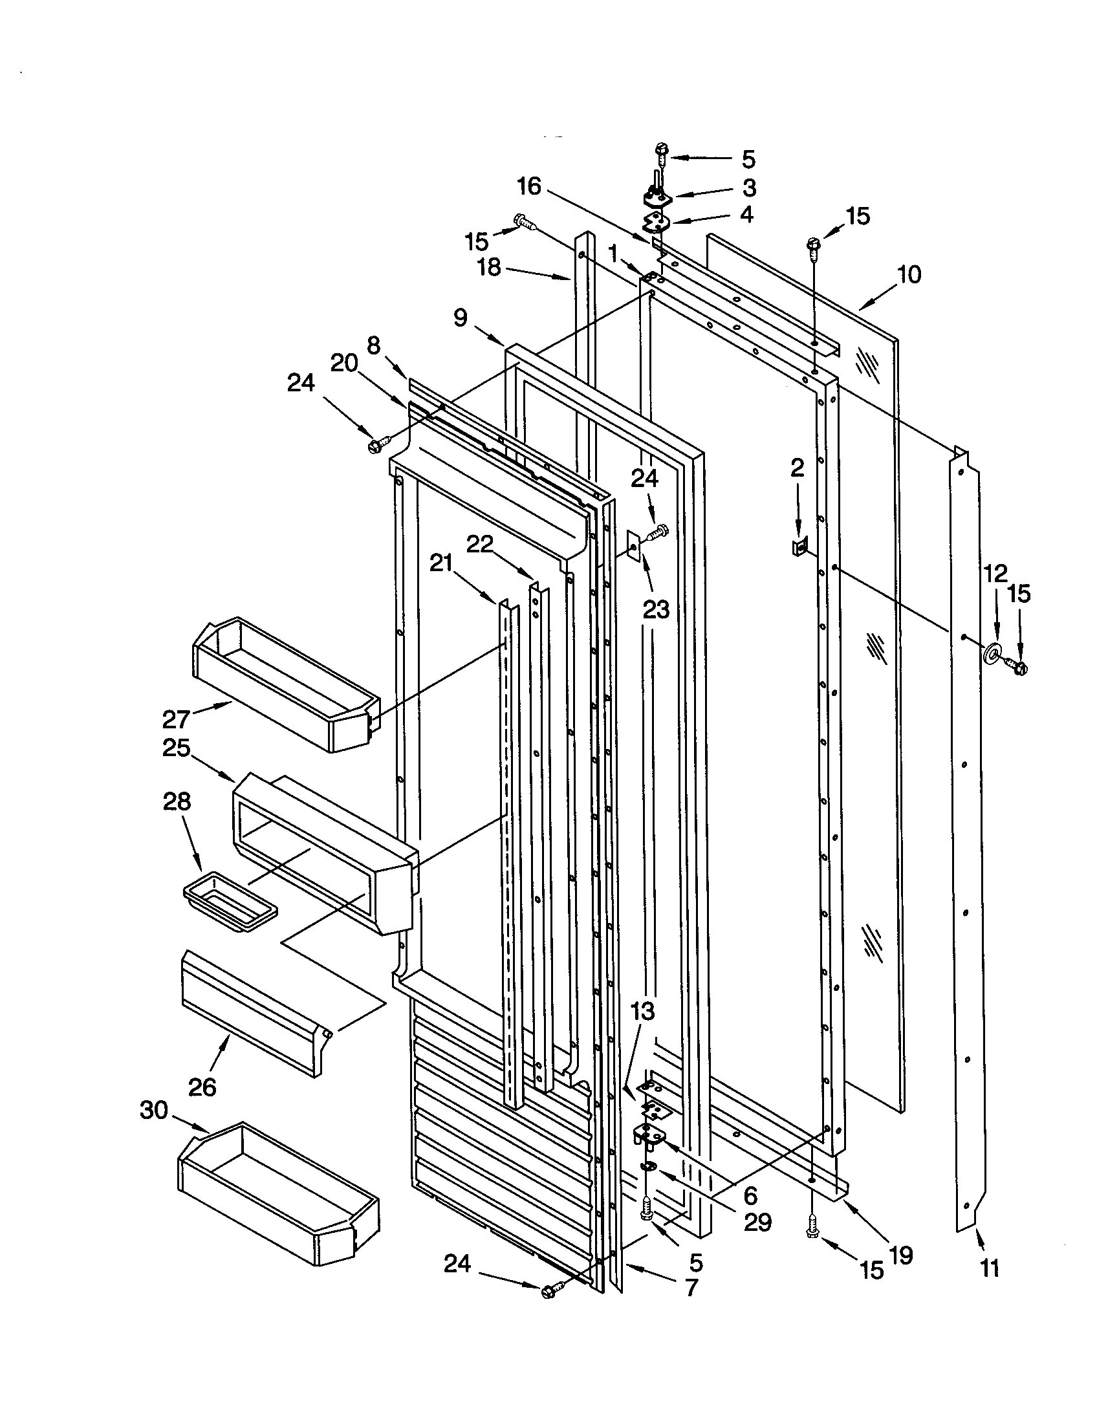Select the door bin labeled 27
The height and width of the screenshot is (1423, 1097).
(x=280, y=678)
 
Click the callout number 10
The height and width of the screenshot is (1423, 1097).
(x=909, y=276)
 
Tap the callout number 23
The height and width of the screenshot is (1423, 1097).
(x=656, y=610)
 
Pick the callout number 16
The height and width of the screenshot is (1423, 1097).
(x=528, y=187)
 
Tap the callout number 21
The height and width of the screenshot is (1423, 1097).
(x=441, y=563)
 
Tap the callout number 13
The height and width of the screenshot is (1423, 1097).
(x=642, y=1012)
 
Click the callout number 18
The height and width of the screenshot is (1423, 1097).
(x=489, y=266)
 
